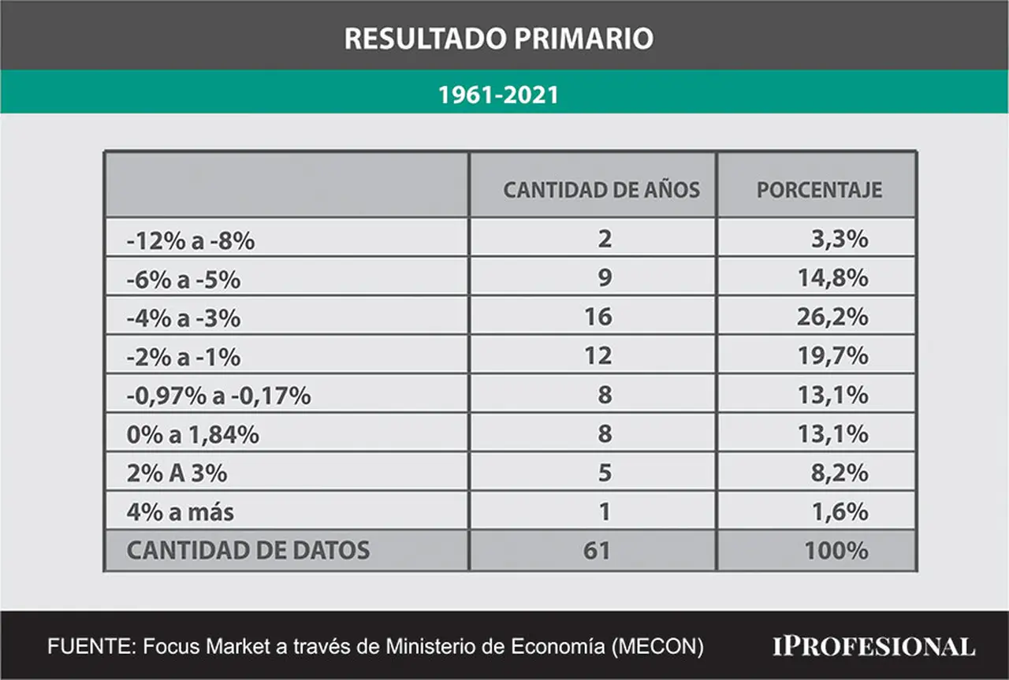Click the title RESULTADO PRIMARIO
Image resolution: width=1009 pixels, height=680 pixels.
click(x=499, y=39)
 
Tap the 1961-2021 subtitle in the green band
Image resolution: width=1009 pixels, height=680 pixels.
click(x=499, y=95)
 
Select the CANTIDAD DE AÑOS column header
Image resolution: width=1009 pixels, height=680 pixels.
click(x=601, y=190)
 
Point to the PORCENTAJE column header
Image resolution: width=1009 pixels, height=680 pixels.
click(x=819, y=190)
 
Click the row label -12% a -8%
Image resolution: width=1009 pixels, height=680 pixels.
click(x=191, y=240)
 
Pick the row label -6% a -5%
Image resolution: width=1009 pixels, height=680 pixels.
click(x=184, y=280)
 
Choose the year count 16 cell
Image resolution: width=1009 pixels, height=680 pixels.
click(x=598, y=317)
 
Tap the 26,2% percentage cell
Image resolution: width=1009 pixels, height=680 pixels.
click(x=832, y=317)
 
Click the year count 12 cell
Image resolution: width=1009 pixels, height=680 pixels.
click(x=598, y=356)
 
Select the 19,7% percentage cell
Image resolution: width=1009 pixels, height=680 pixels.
click(x=833, y=356)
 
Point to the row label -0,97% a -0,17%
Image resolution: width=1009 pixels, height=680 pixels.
click(x=218, y=396)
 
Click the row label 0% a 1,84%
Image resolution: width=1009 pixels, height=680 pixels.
click(x=193, y=435)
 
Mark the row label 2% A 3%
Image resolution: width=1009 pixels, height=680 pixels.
click(x=177, y=474)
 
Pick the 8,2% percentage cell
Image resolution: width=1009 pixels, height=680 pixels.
click(x=840, y=473)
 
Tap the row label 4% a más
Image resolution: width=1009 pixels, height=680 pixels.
click(x=181, y=512)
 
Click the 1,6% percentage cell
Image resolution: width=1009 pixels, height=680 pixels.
click(x=840, y=512)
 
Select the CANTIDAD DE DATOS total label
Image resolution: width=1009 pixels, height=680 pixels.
click(x=248, y=550)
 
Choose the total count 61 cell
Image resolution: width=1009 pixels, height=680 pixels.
click(x=597, y=551)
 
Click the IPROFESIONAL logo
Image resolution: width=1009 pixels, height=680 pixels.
click(x=874, y=647)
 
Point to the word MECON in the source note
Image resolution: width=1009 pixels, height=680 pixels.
click(x=657, y=647)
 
